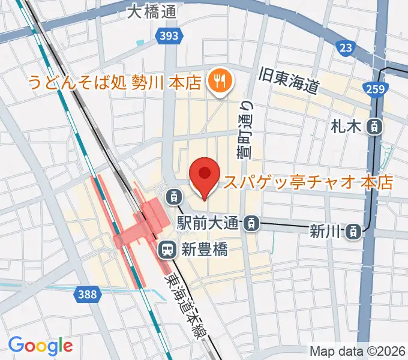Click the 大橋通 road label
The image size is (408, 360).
point(152,13)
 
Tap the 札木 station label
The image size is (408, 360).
point(344,127)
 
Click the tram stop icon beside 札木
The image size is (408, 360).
point(374,127)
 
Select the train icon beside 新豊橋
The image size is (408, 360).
point(167,248)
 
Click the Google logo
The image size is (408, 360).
point(40,345)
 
